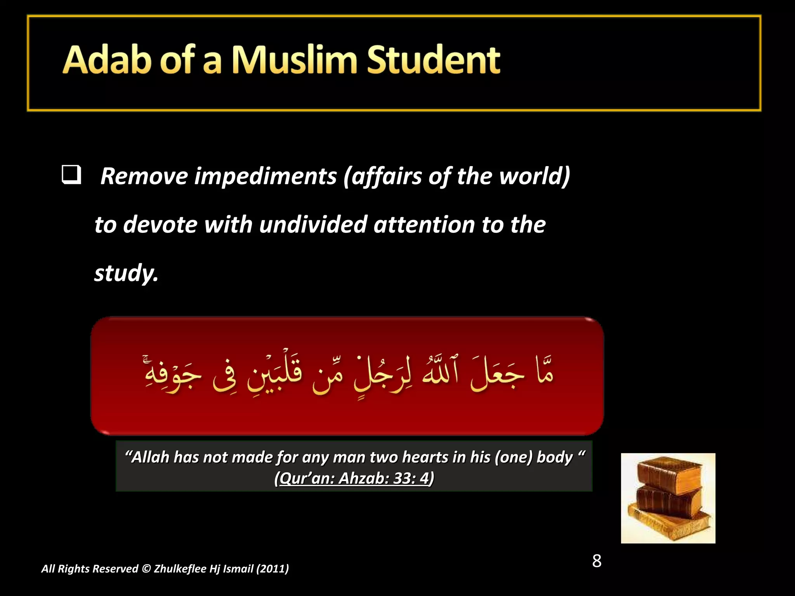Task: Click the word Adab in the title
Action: [x=106, y=60]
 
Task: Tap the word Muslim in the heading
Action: [x=294, y=60]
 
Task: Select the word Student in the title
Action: [x=433, y=60]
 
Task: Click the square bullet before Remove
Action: [x=71, y=175]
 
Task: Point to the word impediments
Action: [x=265, y=177]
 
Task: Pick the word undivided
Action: [x=313, y=225]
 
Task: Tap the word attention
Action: [x=424, y=225]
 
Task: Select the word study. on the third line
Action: [x=126, y=273]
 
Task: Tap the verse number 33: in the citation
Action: [x=404, y=478]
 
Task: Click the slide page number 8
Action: [x=597, y=561]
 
